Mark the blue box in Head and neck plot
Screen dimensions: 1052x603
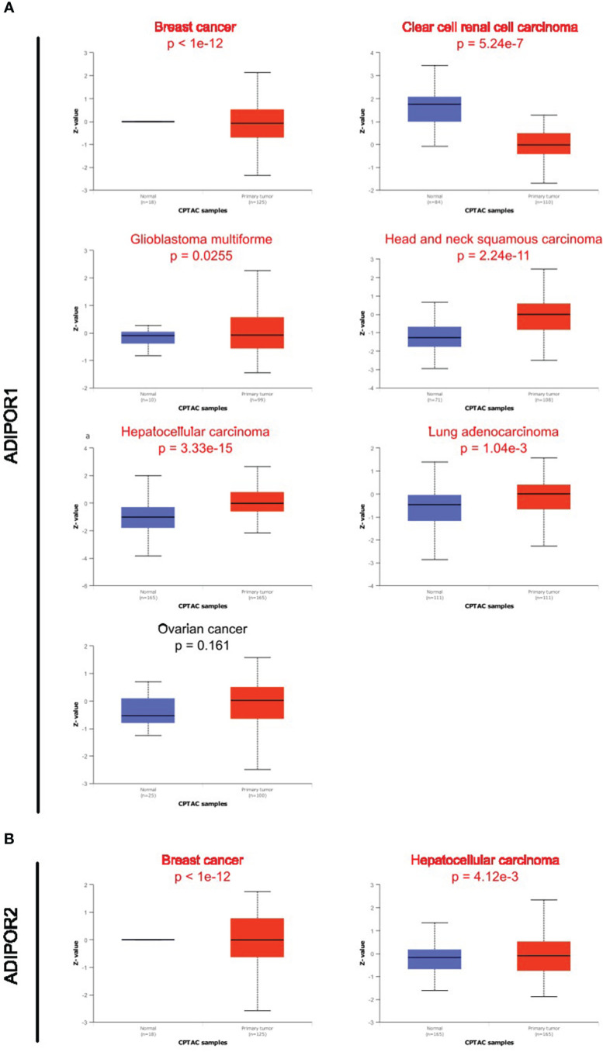pyautogui.click(x=435, y=336)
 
